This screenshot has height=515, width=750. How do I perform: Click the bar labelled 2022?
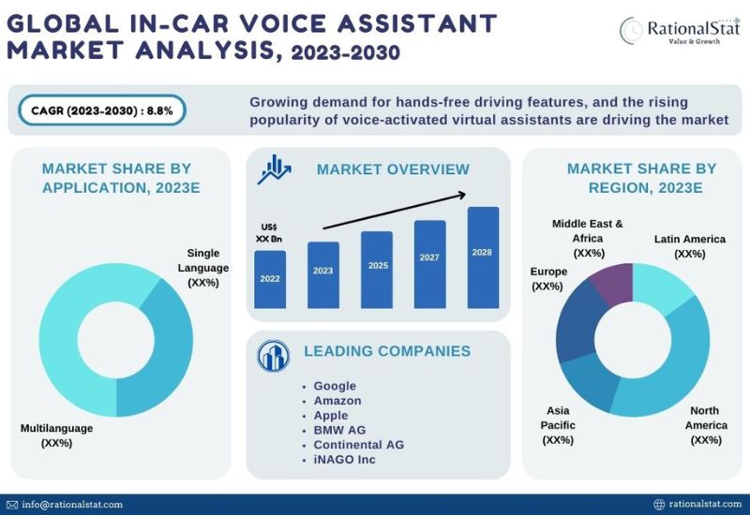point(270,279)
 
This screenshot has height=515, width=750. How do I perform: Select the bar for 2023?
point(323,275)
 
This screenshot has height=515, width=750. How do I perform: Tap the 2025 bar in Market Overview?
point(377,270)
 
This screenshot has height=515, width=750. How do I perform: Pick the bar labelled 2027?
point(429,264)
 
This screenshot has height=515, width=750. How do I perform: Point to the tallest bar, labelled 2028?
point(483,257)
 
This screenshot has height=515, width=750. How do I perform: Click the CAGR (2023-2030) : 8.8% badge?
point(101,110)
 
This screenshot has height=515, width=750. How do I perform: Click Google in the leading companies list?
point(335,386)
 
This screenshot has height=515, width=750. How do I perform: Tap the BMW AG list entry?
point(339,430)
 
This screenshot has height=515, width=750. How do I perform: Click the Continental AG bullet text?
point(358,445)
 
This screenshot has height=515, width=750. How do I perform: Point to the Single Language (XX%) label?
point(202,267)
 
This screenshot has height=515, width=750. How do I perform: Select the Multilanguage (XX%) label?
point(57,435)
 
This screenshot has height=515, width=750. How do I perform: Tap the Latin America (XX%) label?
point(689,246)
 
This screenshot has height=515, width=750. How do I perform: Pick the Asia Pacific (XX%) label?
point(558,425)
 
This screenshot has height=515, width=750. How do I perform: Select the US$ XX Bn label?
point(269,233)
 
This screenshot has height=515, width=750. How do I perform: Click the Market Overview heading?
point(393,169)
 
